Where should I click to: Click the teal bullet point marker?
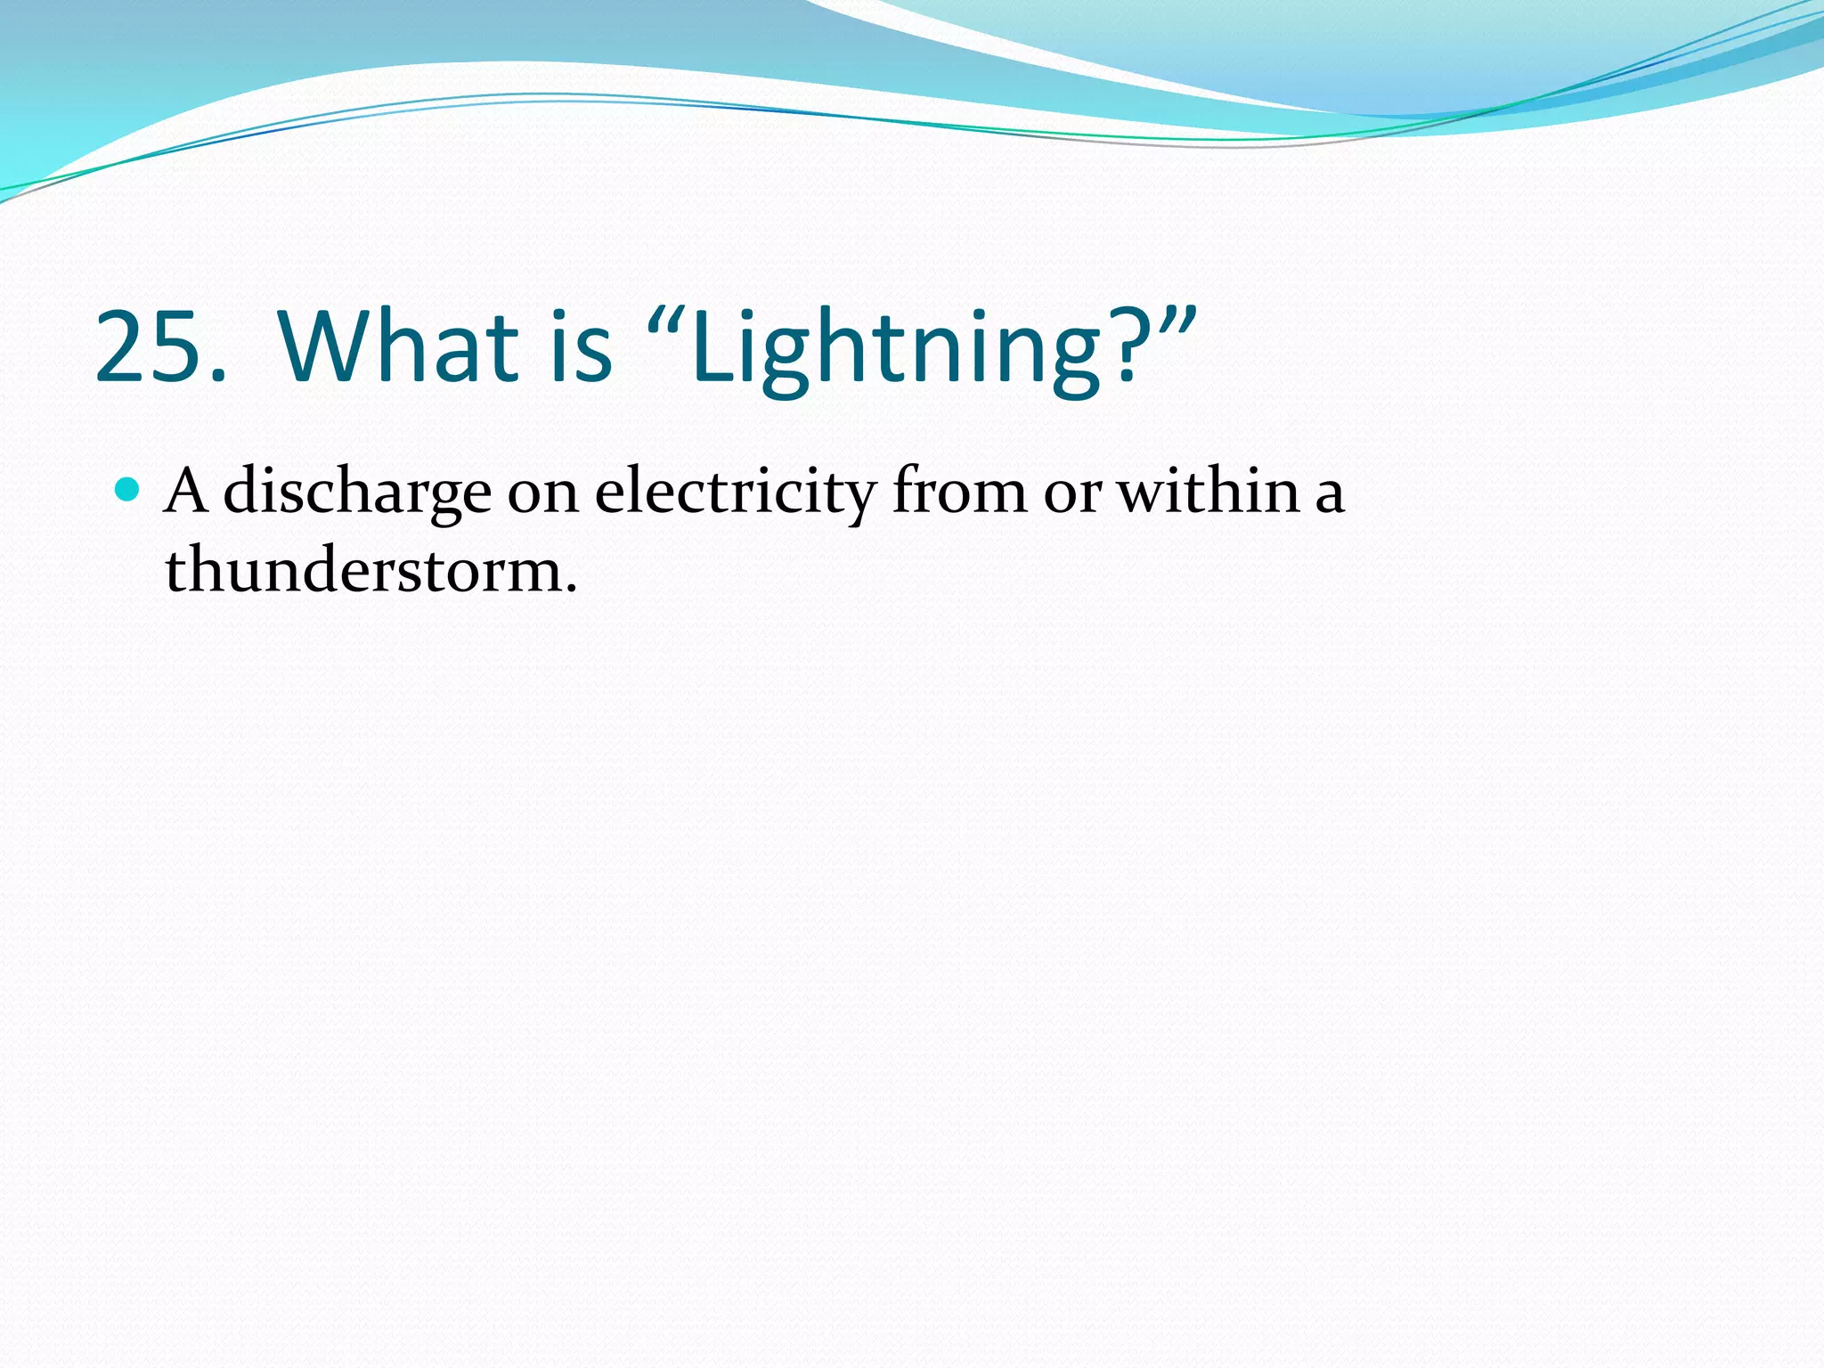point(128,489)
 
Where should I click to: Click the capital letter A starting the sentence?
point(187,491)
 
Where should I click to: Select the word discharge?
point(357,494)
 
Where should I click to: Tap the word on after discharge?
point(543,494)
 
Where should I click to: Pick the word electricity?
point(736,494)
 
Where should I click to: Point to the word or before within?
point(1073,494)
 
